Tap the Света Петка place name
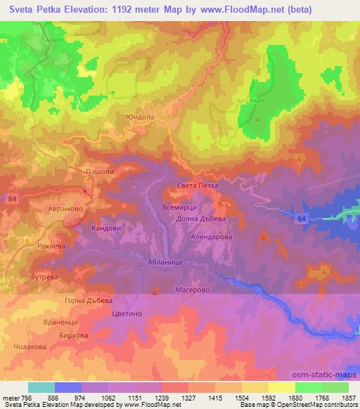(x=198, y=186)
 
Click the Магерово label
(x=191, y=289)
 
